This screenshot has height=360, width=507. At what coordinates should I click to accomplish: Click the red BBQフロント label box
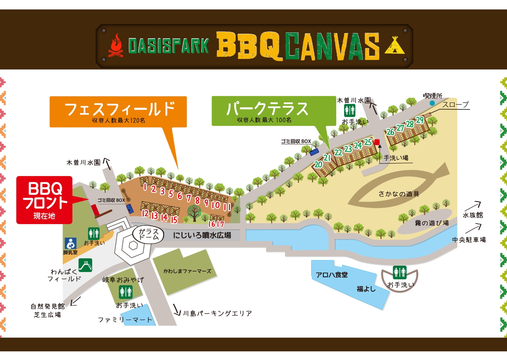[44, 200]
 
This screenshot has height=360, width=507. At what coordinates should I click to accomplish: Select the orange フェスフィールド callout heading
[118, 112]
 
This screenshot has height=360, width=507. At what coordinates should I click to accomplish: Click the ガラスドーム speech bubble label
[148, 234]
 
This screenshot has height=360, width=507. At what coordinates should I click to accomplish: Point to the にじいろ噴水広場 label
[202, 235]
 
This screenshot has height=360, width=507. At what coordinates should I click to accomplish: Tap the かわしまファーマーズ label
[187, 271]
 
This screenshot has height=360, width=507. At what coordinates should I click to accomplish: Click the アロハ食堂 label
[332, 275]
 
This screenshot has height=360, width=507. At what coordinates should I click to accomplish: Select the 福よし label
[366, 289]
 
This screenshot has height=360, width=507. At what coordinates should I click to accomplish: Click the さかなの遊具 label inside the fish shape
[398, 194]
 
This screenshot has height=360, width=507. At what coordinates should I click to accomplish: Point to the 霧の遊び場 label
[432, 223]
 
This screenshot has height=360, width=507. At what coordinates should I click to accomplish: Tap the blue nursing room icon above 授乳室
[71, 243]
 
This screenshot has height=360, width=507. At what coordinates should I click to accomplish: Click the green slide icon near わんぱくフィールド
[86, 265]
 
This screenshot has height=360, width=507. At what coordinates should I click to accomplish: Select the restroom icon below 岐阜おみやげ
[126, 292]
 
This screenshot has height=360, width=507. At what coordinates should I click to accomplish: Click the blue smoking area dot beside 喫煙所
[432, 103]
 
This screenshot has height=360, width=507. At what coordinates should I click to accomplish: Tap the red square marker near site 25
[377, 142]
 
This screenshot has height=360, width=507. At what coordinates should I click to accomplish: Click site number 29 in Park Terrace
[420, 120]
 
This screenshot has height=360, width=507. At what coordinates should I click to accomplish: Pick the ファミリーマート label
[125, 320]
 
